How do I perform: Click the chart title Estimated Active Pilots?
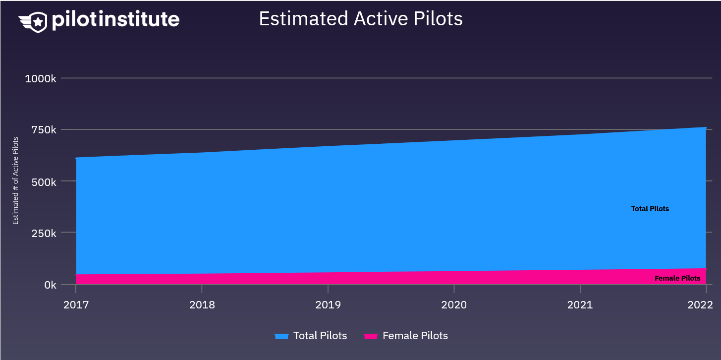click(361, 19)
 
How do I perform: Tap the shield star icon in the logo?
click(38, 21)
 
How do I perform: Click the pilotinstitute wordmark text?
click(115, 20)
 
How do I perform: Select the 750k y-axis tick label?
click(44, 130)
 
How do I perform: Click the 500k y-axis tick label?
click(44, 181)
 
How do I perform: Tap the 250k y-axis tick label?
click(44, 233)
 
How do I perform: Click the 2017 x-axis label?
click(76, 304)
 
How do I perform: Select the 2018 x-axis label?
click(202, 304)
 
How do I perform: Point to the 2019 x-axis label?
click(328, 304)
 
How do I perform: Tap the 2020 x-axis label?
click(454, 304)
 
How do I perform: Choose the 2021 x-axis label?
click(580, 304)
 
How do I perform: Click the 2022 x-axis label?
click(700, 304)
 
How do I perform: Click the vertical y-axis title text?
click(16, 181)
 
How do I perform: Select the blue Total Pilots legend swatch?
click(281, 336)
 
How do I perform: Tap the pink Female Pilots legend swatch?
click(371, 336)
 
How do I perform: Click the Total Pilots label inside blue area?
click(650, 209)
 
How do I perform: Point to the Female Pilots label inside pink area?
click(677, 278)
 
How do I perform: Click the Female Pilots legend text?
click(415, 336)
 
